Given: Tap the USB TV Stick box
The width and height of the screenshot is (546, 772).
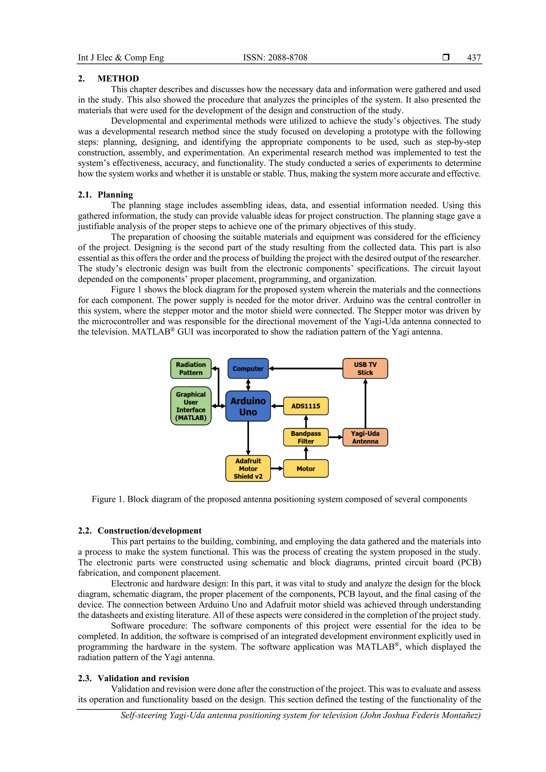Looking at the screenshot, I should coord(365,368).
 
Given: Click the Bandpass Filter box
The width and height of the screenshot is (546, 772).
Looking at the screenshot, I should coord(306,437).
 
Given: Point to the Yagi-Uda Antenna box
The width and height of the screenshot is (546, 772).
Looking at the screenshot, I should coord(365,437).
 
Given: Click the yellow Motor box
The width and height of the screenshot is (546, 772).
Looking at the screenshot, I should coord(306,468).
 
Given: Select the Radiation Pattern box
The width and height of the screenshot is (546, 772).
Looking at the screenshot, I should coord(191,368).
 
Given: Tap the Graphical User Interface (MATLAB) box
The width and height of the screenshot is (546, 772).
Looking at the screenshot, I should coord(191,406).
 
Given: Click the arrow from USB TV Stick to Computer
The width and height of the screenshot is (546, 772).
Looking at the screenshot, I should coord(306,368).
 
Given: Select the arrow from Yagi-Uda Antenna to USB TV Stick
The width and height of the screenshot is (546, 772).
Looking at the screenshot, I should coord(366,404).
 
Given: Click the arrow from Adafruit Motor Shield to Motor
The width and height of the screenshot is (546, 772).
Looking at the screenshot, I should coord(277,468).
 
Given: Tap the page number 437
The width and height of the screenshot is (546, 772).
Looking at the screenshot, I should coord(474,58).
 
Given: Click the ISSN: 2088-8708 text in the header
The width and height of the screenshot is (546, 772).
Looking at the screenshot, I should coord(275,58).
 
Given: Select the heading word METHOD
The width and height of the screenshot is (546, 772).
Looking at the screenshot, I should coord(118,79).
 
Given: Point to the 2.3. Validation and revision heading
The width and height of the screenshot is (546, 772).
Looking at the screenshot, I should coord(134,678).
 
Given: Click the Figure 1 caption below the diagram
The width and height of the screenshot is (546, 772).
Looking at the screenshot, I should coord(279,499).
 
